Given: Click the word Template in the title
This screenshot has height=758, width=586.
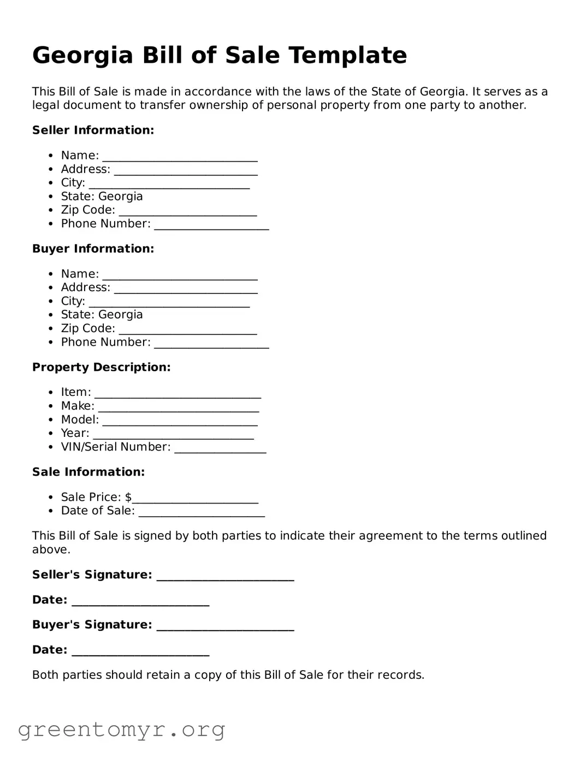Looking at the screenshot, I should pos(347,55).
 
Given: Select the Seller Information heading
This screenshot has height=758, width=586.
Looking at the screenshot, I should pos(93,130).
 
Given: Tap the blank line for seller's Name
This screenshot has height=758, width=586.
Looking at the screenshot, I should pos(180,157).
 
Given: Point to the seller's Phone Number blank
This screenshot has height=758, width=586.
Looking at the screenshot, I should pos(211,226).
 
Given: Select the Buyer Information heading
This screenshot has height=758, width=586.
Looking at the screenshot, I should pos(93,248).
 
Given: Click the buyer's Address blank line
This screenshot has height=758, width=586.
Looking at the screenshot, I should pos(186,289).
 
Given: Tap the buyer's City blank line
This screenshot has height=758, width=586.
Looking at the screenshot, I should pos(169,303).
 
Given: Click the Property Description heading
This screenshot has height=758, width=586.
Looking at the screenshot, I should pos(101,367).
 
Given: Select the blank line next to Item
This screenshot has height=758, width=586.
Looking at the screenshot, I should pos(177,394).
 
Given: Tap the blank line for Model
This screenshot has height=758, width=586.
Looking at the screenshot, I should pos(180,422).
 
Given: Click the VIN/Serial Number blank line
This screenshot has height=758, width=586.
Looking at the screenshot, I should pos(220,449).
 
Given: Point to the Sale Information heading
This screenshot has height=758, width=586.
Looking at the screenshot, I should pos(88,472).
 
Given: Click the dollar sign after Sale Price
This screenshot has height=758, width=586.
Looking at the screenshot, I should pos(128,497).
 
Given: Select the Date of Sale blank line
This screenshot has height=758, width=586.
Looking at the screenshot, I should pos(202,513).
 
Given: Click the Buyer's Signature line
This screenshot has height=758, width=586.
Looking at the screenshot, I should pos(225,627).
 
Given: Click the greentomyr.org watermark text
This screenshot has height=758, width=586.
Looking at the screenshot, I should pos(121,730).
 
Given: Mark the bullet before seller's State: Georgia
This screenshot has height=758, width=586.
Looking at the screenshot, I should pos(51,197).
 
